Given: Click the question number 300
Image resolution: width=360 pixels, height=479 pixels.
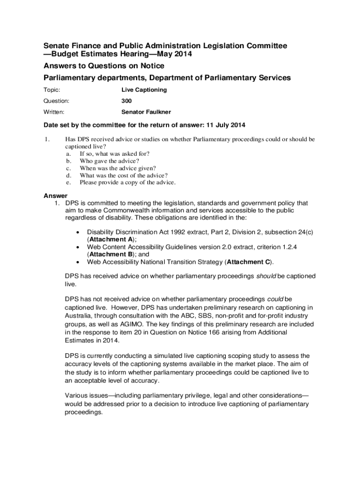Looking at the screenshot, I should (x=126, y=101).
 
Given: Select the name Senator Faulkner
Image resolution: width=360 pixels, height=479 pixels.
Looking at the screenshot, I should (x=146, y=112).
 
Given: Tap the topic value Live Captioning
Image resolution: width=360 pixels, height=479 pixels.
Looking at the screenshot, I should (x=144, y=89).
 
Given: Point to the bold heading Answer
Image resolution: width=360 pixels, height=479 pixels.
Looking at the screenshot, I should (x=55, y=196).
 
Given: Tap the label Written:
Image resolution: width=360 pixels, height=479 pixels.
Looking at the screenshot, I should (x=54, y=112).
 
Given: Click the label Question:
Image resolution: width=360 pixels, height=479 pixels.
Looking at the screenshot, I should (x=56, y=101).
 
